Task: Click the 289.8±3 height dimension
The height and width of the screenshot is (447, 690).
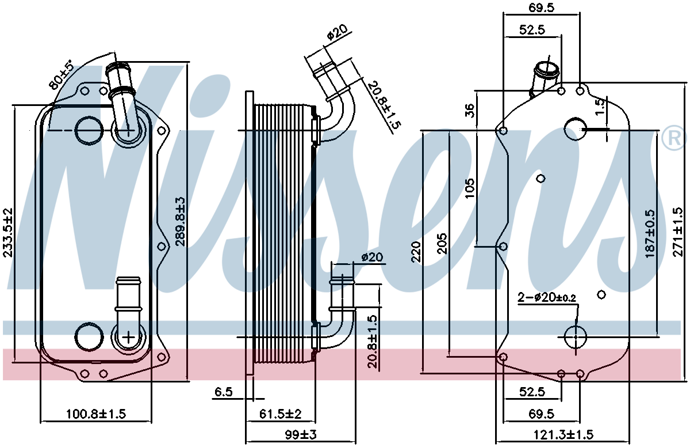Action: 181,222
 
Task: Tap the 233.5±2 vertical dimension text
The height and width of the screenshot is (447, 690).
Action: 7,232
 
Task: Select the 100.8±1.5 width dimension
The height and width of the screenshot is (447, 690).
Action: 96,414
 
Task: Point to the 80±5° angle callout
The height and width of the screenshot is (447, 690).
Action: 62,75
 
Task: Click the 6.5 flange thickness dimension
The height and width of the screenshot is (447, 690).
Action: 224,392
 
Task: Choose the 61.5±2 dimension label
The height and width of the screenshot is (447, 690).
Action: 281,414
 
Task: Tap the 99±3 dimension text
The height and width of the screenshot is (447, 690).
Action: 301,435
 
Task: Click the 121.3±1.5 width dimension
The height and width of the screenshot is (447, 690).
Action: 563,435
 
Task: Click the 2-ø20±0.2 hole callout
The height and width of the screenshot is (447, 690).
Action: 547,297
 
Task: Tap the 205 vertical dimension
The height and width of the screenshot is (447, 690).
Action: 442,244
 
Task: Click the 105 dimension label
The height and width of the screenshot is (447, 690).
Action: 470,188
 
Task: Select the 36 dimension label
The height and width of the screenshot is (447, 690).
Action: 470,111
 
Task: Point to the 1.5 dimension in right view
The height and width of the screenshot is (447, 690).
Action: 601,107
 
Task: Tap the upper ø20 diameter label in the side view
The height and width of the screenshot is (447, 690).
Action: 337,32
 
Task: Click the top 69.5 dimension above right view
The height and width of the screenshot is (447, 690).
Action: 541,7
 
